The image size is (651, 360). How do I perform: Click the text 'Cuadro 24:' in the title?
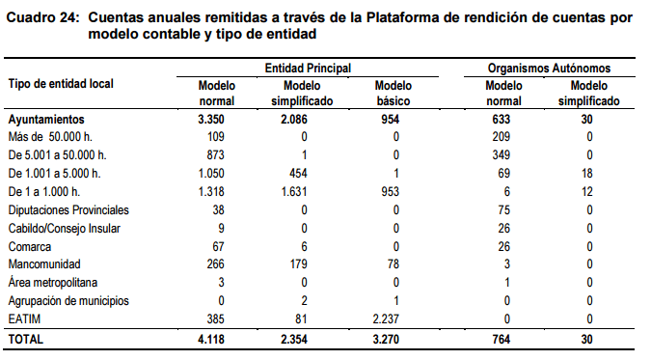pyautogui.click(x=41, y=17)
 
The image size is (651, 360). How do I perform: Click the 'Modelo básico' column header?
pyautogui.click(x=395, y=93)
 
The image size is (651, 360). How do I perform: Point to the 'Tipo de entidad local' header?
pyautogui.click(x=61, y=84)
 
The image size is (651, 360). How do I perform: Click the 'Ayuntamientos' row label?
pyautogui.click(x=46, y=118)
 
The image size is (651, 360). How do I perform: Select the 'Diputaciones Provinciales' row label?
pyautogui.click(x=68, y=209)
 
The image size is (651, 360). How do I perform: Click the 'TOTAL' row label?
pyautogui.click(x=26, y=340)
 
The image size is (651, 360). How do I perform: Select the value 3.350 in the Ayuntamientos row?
pyautogui.click(x=216, y=118)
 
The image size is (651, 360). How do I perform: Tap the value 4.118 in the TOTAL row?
pyautogui.click(x=216, y=340)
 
